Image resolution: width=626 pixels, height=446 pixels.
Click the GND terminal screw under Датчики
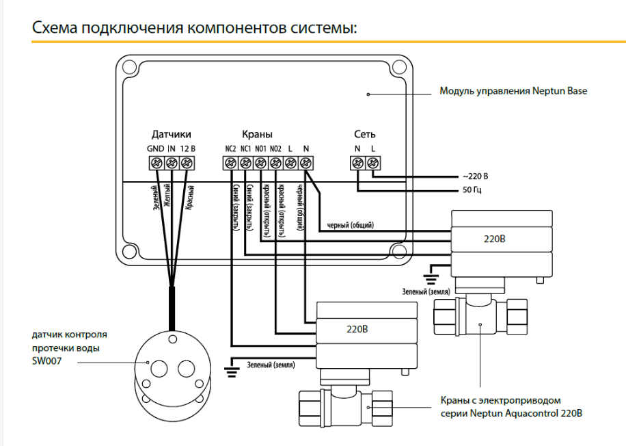pos(156,163)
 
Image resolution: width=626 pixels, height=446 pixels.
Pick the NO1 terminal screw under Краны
pos(260,163)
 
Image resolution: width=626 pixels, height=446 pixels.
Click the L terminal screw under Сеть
pos(373,163)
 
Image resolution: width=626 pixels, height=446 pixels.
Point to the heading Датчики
pos(171,134)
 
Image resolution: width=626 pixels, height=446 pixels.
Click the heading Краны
pos(257,134)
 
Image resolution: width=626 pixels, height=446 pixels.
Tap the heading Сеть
pos(364,134)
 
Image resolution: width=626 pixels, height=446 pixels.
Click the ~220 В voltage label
pos(476,176)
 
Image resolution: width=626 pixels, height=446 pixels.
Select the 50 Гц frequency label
pos(473,189)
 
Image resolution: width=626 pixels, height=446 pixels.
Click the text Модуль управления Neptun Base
pos(513,91)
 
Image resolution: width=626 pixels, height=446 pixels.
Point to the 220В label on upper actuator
pos(495,239)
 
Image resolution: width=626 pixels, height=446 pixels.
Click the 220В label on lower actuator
pos(357,329)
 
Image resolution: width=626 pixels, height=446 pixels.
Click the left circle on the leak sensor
pos(156,367)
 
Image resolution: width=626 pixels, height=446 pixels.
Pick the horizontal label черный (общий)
pos(351,225)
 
